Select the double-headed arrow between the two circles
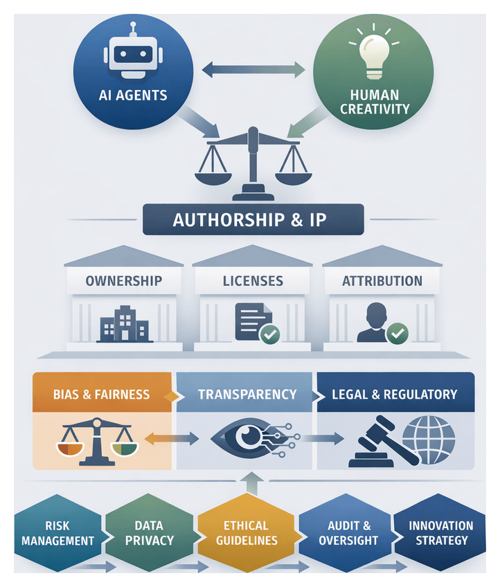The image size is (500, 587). (253, 69)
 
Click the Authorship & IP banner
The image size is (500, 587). (253, 220)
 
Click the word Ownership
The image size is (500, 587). (124, 281)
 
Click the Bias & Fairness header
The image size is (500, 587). (101, 395)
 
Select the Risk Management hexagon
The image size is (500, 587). (58, 533)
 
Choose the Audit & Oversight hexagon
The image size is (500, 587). (349, 533)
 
